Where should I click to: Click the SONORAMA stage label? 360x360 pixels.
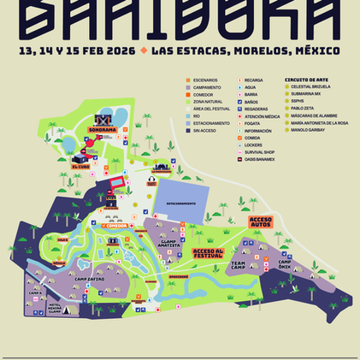point(103,131)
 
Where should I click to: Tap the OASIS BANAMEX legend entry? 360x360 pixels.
point(263,166)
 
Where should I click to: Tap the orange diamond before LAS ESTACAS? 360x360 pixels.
point(144,50)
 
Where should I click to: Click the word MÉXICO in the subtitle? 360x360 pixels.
point(316,50)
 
